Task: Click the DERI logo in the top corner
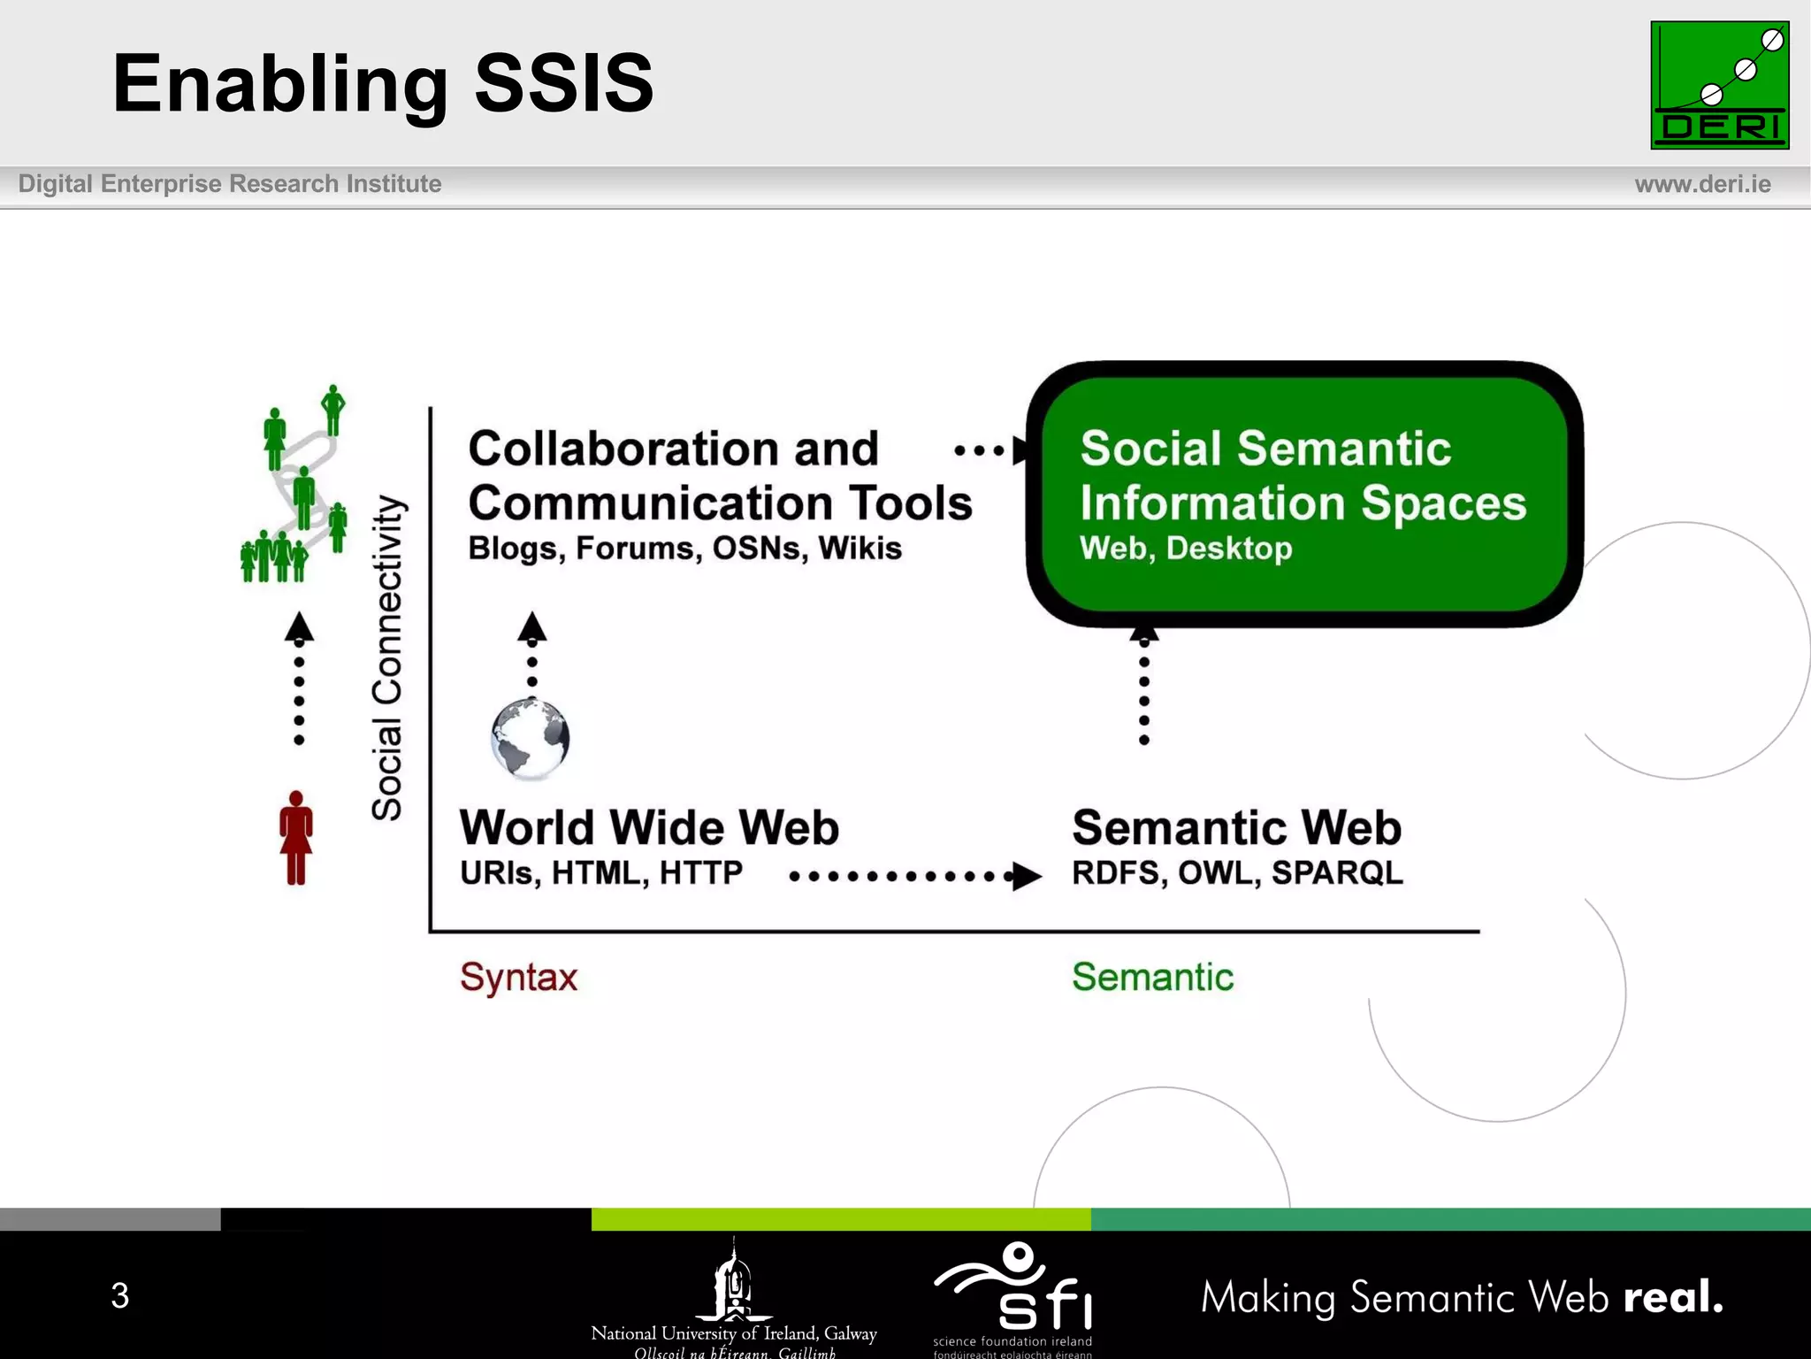click(1719, 85)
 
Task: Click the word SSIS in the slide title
click(563, 83)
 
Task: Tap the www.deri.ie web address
click(1702, 184)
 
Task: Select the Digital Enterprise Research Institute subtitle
click(230, 184)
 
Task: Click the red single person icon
click(296, 838)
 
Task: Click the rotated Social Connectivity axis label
click(387, 657)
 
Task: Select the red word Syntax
click(518, 978)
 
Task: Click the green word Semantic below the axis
click(1152, 978)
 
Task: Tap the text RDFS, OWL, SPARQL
click(1237, 873)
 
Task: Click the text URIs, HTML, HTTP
click(600, 873)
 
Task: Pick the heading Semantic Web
click(1236, 828)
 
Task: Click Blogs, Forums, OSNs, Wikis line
click(684, 549)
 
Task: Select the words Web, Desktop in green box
click(1185, 549)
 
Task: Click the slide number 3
click(120, 1295)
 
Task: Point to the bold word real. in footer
click(1673, 1297)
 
